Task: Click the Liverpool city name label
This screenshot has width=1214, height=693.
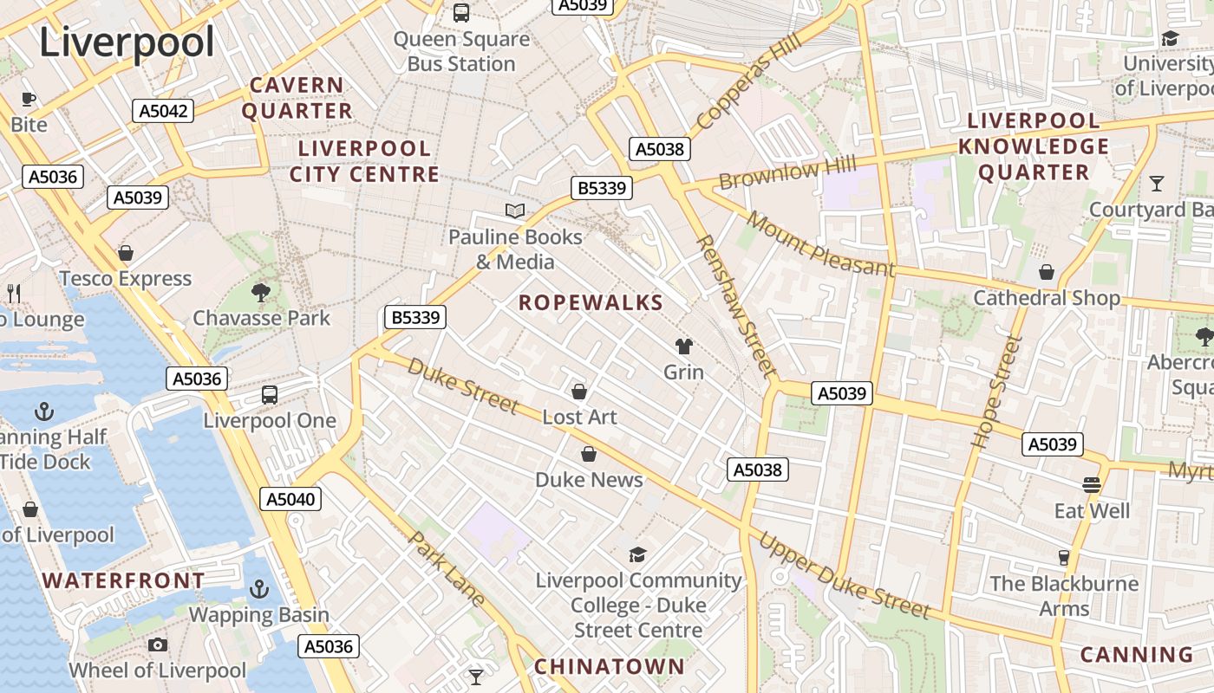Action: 127,42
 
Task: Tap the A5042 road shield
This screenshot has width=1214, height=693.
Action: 162,111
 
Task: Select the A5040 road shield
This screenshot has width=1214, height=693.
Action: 290,499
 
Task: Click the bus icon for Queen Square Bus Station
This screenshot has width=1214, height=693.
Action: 461,13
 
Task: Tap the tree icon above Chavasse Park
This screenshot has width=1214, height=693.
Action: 260,292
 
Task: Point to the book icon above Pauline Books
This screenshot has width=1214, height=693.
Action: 515,210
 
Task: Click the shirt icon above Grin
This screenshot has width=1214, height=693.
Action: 684,346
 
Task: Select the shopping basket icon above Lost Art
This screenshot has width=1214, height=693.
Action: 579,392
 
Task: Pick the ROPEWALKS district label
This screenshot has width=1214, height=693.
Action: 591,303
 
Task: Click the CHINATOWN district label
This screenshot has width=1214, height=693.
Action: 609,666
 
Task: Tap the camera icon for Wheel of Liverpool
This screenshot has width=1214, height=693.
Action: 157,644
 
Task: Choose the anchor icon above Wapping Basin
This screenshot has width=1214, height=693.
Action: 258,590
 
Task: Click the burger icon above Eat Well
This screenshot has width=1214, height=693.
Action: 1092,485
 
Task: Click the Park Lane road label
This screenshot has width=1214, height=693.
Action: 447,567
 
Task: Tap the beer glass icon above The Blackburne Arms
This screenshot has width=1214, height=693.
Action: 1064,557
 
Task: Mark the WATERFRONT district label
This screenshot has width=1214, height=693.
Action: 124,580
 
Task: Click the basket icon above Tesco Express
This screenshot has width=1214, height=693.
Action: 126,253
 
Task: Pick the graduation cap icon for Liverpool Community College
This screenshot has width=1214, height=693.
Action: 637,554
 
